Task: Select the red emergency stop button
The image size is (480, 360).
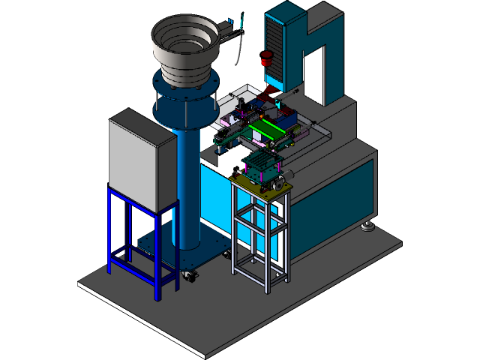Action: point(265,58)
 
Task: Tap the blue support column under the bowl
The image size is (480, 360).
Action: point(187,187)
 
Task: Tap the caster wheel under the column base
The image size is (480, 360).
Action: point(190,277)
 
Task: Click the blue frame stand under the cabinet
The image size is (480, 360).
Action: point(142,240)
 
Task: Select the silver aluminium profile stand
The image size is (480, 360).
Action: point(259,232)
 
